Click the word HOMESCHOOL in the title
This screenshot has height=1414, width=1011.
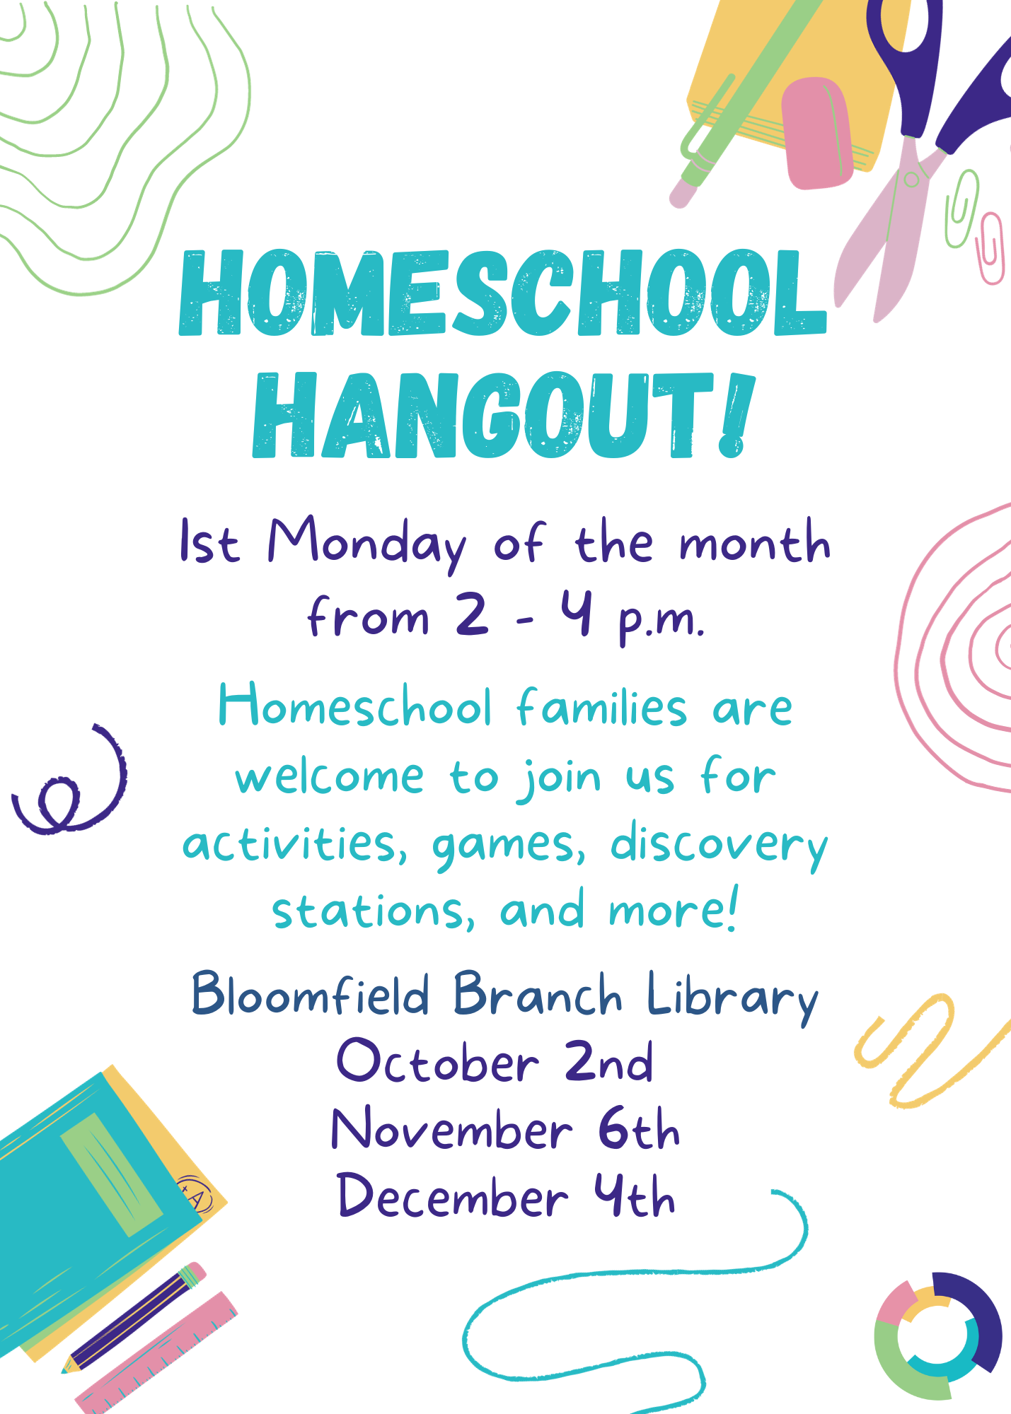[503, 293]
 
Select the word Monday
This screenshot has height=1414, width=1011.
[366, 545]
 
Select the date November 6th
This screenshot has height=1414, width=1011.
[505, 1128]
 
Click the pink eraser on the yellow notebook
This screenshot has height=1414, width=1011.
[816, 133]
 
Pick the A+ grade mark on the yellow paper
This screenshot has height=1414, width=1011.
[194, 1194]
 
